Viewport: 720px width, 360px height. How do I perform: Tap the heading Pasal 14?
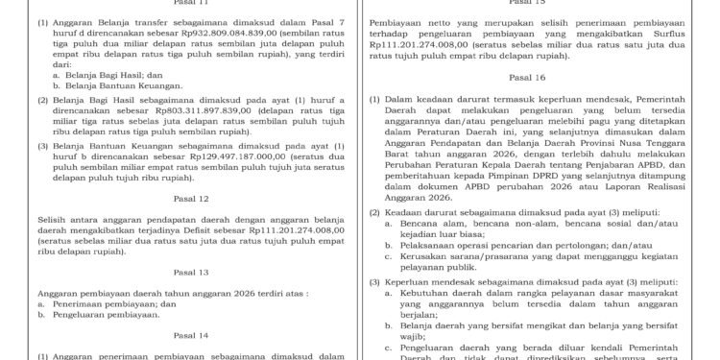coord(181,336)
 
